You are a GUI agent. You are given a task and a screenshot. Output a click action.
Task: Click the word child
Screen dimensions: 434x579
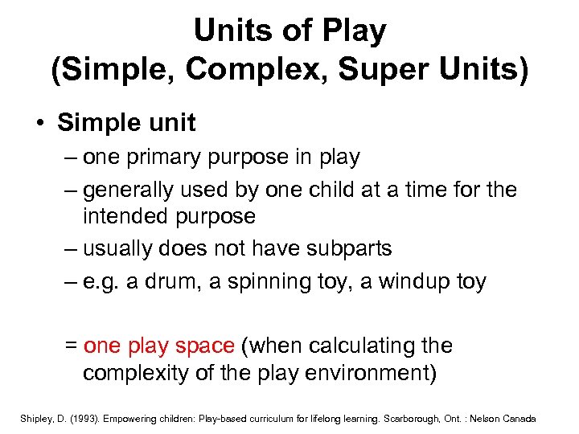tap(322, 190)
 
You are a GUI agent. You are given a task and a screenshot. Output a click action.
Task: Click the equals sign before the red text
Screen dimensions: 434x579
tap(70, 346)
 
